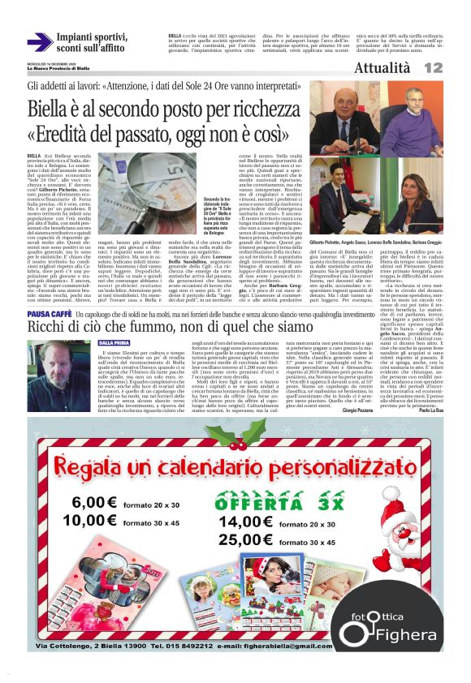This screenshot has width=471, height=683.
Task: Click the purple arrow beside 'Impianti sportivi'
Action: pyautogui.click(x=40, y=41)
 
